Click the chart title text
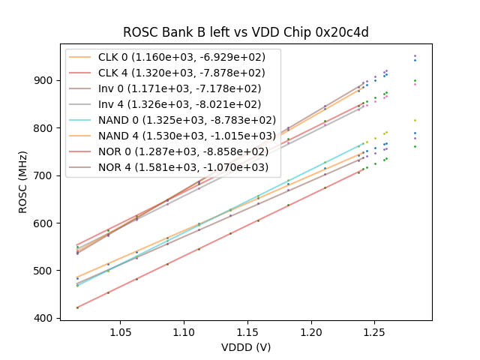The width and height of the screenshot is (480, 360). pos(245,32)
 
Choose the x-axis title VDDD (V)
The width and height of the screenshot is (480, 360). pos(245,347)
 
